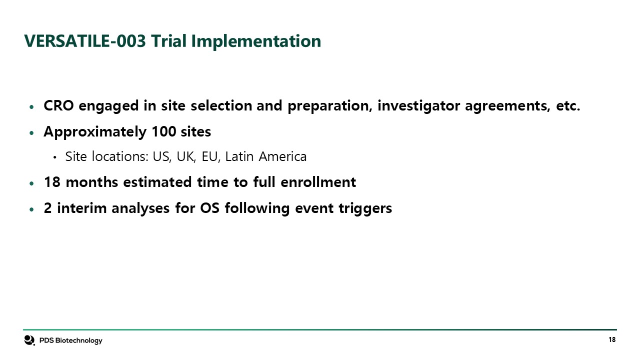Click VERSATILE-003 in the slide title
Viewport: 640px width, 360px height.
click(85, 41)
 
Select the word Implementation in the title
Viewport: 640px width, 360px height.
click(256, 41)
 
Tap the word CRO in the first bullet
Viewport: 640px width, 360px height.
click(58, 105)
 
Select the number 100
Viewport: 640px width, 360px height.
click(163, 131)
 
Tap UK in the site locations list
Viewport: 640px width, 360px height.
click(186, 156)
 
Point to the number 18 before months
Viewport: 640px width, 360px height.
click(52, 182)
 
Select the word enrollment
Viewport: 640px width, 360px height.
click(318, 182)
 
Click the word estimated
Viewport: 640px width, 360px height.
click(157, 182)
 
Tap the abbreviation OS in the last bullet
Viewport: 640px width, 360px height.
click(209, 208)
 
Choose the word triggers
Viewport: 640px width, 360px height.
click(365, 209)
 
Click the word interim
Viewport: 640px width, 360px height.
click(81, 208)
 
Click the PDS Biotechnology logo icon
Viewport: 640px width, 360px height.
click(29, 340)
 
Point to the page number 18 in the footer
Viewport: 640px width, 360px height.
click(612, 339)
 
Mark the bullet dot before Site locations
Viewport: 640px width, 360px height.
click(55, 157)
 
